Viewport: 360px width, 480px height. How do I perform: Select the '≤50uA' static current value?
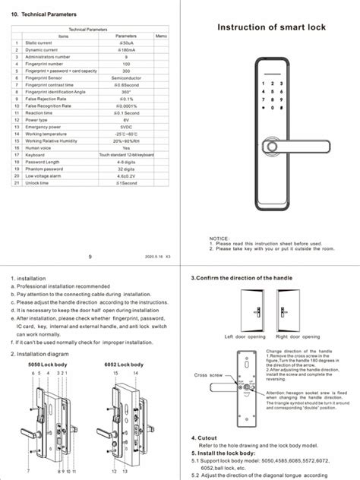(x=125, y=43)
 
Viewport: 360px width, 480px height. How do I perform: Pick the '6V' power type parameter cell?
(x=125, y=119)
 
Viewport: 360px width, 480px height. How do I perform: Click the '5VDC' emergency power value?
(x=125, y=125)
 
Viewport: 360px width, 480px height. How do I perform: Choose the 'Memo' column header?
(x=160, y=36)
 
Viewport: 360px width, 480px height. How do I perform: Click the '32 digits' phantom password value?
(x=125, y=169)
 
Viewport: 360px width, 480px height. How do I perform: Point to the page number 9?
(x=90, y=257)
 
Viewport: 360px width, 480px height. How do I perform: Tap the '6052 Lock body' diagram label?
(x=124, y=365)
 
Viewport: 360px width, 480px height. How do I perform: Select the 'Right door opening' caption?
(x=296, y=335)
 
